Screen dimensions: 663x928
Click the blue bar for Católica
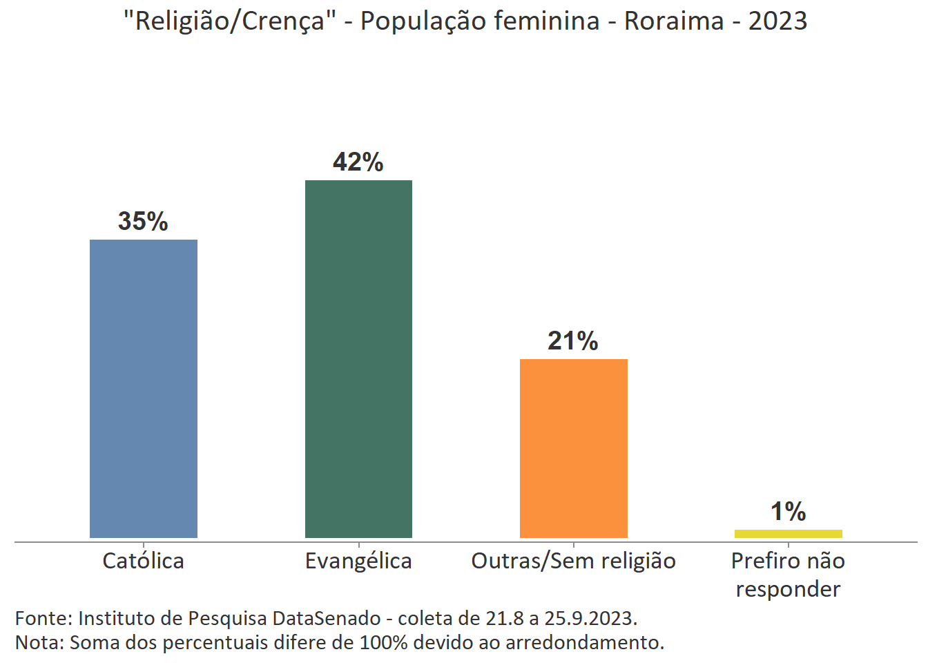click(x=144, y=388)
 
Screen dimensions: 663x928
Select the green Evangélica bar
click(x=358, y=358)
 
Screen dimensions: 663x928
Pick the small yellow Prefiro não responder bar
click(x=788, y=533)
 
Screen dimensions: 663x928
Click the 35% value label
click(x=143, y=221)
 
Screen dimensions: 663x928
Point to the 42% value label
click(x=358, y=162)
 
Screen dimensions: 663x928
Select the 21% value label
click(x=573, y=340)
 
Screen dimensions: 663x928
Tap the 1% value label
click(x=788, y=512)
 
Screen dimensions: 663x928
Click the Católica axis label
click(x=144, y=561)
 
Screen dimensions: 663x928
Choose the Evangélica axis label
click(x=358, y=561)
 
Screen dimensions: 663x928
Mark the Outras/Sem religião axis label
click(x=573, y=561)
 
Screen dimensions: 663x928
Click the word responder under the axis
click(x=788, y=589)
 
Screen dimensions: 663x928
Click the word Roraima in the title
click(x=674, y=21)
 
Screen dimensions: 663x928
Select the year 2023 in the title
click(x=777, y=21)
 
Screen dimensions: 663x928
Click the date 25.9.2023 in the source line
click(x=590, y=618)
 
